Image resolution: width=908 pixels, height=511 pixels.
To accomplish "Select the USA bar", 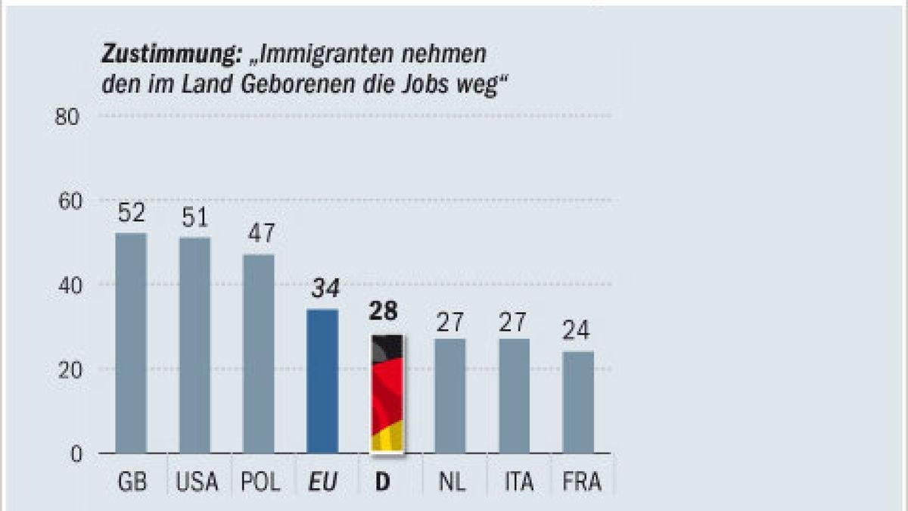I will pyautogui.click(x=194, y=345).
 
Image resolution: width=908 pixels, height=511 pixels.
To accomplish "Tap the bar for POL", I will pyautogui.click(x=258, y=354).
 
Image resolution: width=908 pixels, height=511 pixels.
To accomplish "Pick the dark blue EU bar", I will pyautogui.click(x=322, y=382).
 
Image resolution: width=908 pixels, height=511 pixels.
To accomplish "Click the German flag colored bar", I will pyautogui.click(x=386, y=394).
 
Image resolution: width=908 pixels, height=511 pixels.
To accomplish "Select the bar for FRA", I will pyautogui.click(x=578, y=402).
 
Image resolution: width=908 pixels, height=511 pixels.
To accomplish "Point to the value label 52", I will pyautogui.click(x=131, y=214).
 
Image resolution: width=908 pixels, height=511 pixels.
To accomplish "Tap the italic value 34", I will pyautogui.click(x=322, y=289).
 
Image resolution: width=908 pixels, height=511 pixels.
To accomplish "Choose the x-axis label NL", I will pyautogui.click(x=450, y=482).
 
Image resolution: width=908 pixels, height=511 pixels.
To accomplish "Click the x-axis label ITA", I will pyautogui.click(x=514, y=482).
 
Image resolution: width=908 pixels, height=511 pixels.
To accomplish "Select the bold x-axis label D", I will pyautogui.click(x=384, y=482).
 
